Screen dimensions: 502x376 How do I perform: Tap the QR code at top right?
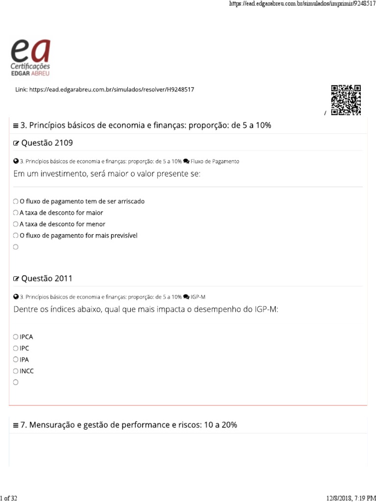click(x=346, y=100)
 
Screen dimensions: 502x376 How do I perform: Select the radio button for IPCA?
click(x=16, y=337)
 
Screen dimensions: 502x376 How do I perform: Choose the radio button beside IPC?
click(x=16, y=349)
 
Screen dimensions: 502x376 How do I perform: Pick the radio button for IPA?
click(x=16, y=360)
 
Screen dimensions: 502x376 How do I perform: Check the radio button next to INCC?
click(x=16, y=371)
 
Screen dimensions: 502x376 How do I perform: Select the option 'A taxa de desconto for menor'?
click(x=16, y=224)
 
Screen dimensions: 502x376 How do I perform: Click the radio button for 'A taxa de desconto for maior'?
click(x=16, y=213)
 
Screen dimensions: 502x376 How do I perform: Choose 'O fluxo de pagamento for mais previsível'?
click(x=16, y=235)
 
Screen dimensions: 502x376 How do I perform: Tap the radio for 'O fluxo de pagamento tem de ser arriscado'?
click(x=16, y=201)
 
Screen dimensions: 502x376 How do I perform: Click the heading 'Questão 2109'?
click(x=47, y=143)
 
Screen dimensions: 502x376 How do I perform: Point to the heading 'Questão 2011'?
click(x=47, y=278)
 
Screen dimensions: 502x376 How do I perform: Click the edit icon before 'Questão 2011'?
click(x=16, y=279)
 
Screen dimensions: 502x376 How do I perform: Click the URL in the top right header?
click(x=301, y=4)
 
